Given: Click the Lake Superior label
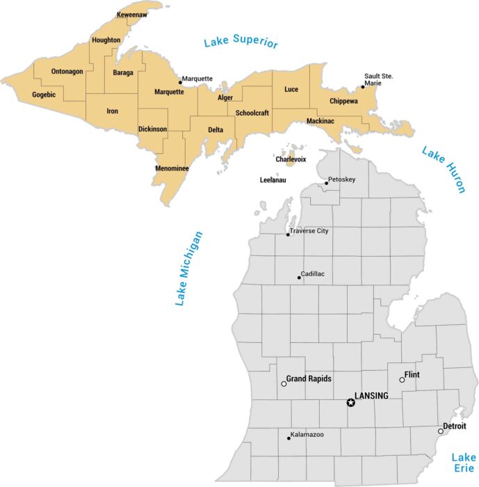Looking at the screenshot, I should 241,43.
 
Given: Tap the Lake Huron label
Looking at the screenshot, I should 443,169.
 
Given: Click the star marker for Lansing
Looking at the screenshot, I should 350,402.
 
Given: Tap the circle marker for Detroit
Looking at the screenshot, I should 440,431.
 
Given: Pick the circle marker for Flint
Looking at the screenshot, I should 402,379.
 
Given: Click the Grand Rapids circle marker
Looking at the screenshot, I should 284,383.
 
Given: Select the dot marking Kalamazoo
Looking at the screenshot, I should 289,438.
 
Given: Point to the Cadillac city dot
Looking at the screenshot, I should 299,278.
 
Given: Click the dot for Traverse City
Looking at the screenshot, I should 288,234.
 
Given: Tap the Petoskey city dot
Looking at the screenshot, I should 326,183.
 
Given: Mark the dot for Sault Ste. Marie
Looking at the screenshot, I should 362,87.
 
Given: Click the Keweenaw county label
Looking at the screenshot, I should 132,15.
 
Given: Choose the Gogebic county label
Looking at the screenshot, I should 44,95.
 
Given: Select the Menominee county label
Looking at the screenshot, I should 172,168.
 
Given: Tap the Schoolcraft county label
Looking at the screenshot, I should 252,113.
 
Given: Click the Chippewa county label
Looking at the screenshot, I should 343,102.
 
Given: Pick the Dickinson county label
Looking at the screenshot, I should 152,129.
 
